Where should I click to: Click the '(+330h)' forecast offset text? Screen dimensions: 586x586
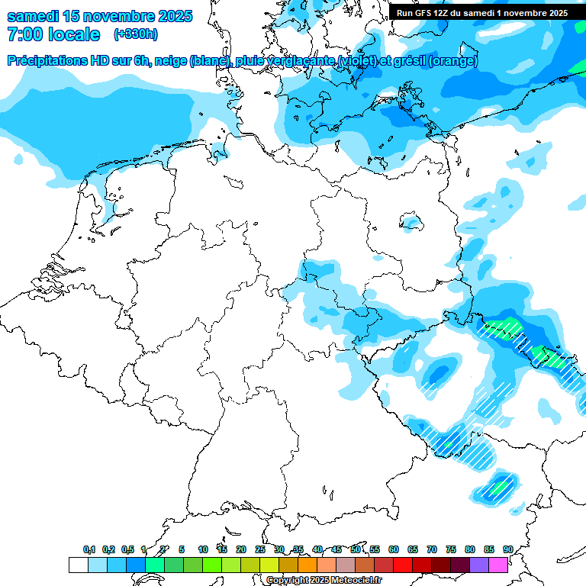pyautogui.click(x=136, y=34)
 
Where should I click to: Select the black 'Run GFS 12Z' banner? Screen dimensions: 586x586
pyautogui.click(x=481, y=13)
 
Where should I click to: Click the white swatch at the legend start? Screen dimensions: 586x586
pyautogui.click(x=78, y=565)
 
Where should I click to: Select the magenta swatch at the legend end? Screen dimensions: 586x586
pyautogui.click(x=498, y=565)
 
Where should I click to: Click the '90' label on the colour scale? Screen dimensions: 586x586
pyautogui.click(x=508, y=549)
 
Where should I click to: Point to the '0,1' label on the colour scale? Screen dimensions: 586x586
pyautogui.click(x=89, y=549)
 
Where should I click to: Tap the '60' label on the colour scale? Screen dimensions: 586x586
pyautogui.click(x=394, y=549)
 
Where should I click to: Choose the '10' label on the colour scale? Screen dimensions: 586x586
pyautogui.click(x=203, y=549)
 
